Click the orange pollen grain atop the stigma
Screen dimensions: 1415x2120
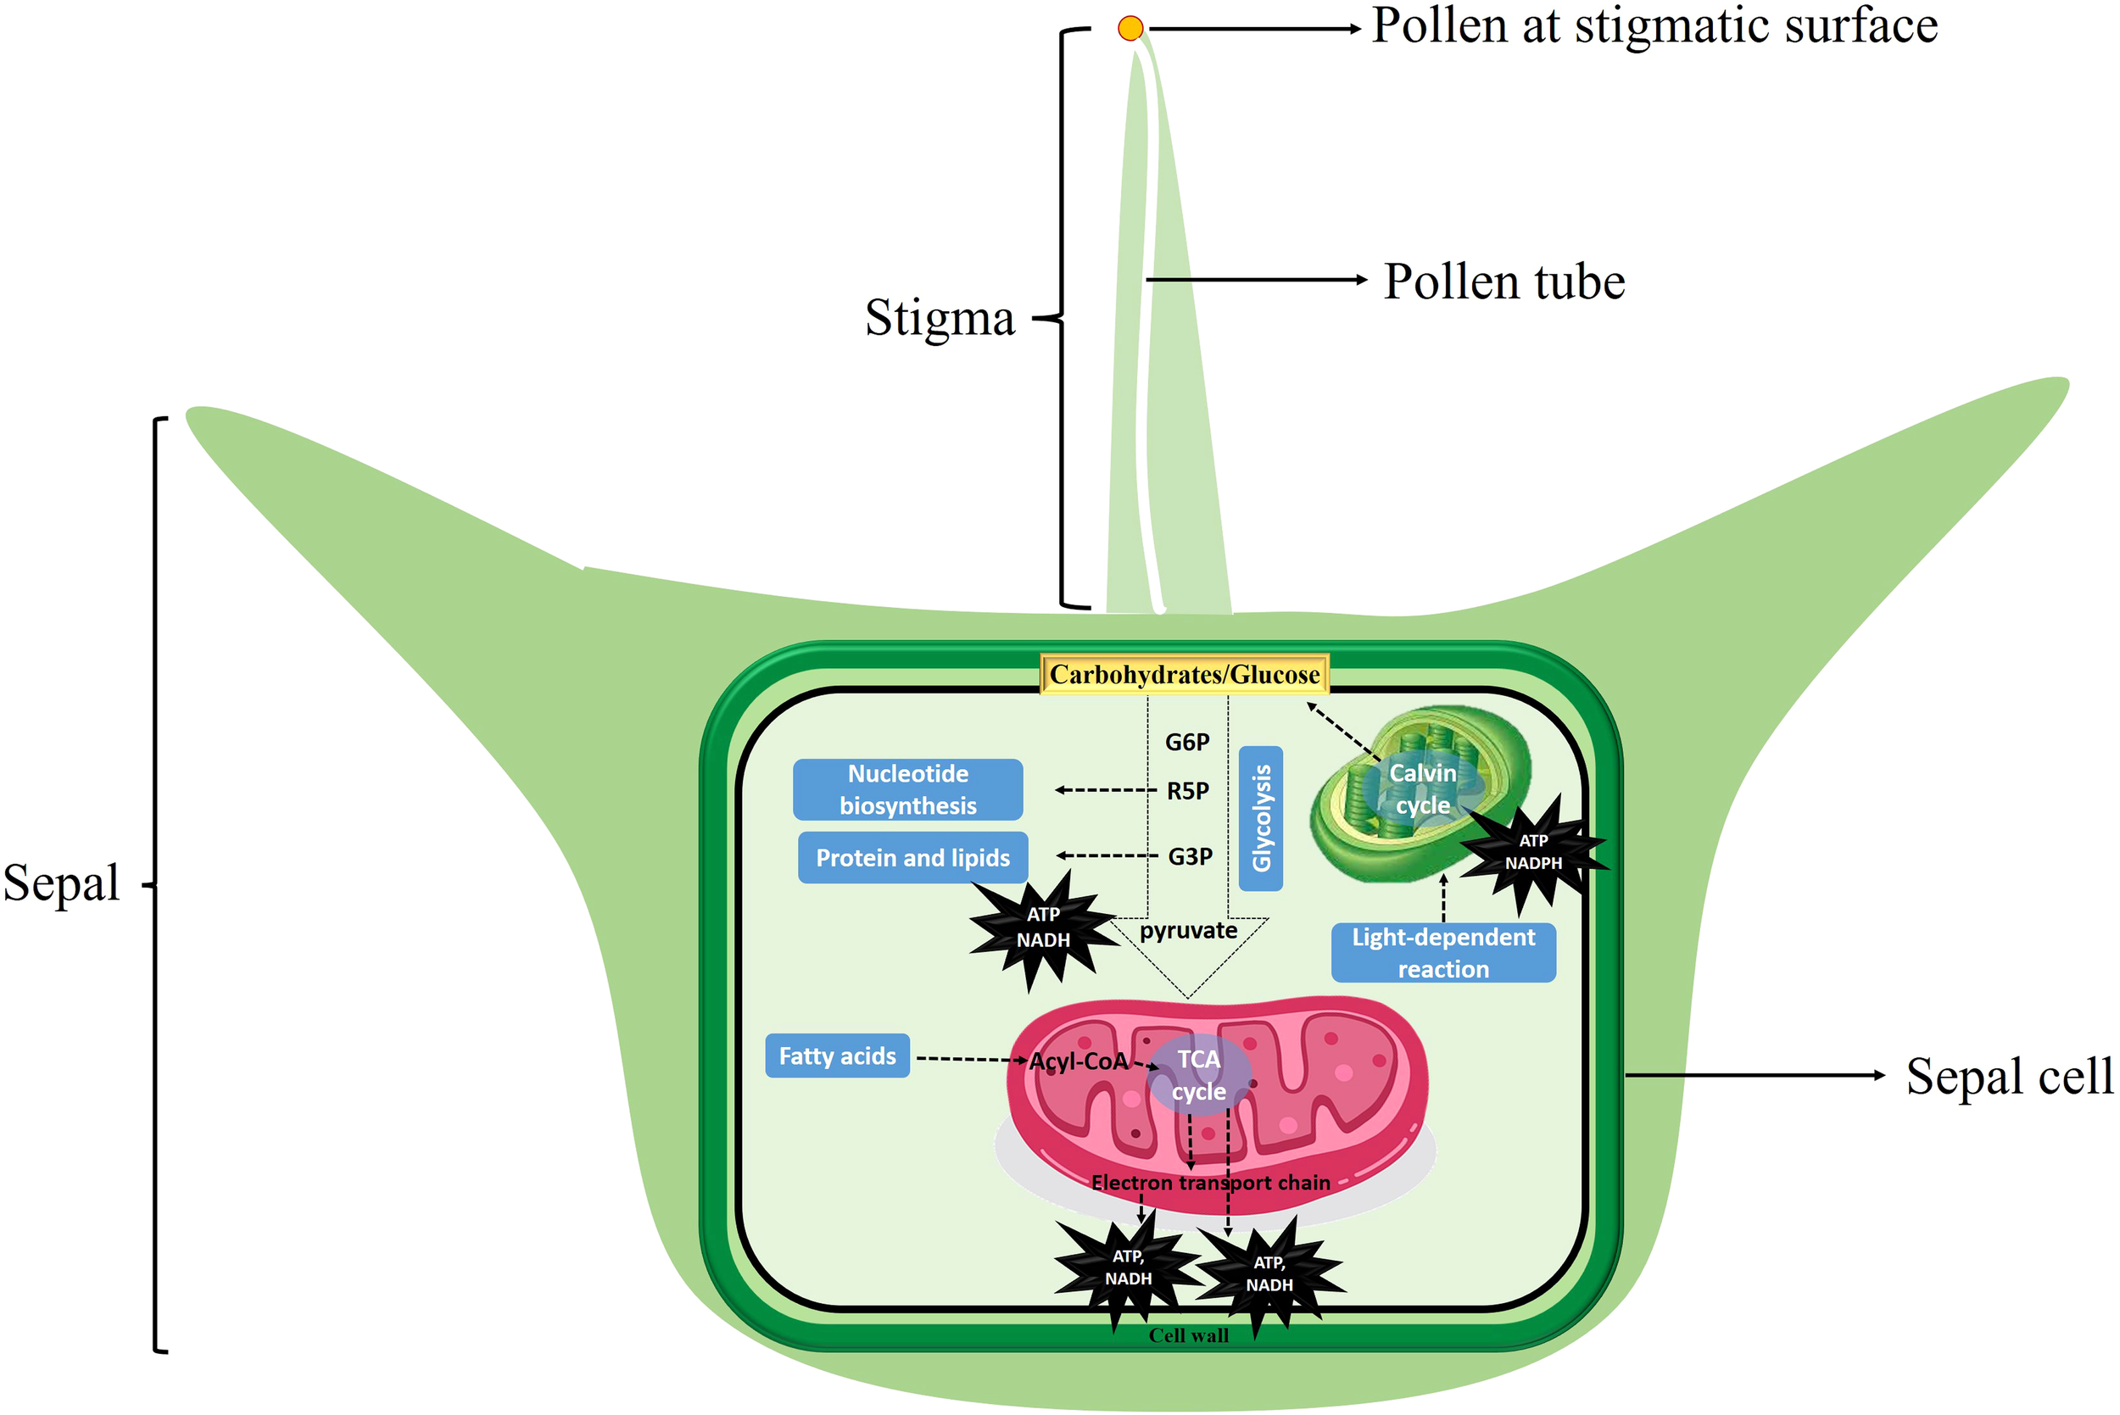pos(1130,29)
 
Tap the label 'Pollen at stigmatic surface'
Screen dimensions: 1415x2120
pos(1654,25)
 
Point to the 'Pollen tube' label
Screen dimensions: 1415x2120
pos(1504,281)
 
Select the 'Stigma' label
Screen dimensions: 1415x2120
pos(940,318)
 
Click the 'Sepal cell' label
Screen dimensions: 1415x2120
pos(2009,1076)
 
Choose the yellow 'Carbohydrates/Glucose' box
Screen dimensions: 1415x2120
pos(1184,674)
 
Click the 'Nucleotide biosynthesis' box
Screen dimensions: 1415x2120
pos(907,789)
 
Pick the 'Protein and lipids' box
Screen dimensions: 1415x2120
pos(912,857)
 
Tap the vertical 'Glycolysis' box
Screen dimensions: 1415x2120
pos(1261,817)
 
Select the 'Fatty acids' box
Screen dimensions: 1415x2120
pos(837,1056)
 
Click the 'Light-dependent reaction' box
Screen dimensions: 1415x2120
pos(1442,953)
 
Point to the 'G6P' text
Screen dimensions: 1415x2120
pos(1187,742)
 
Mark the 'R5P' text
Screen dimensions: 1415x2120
pos(1188,790)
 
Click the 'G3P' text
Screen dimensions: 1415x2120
pos(1190,856)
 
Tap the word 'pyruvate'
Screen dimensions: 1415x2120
pos(1188,930)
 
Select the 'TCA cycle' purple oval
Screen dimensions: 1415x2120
pos(1198,1075)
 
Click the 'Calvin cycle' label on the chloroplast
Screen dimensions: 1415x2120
pos(1422,788)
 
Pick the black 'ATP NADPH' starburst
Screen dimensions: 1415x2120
pos(1532,853)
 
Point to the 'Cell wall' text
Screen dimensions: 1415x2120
pos(1188,1335)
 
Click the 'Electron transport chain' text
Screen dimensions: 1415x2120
pos(1210,1182)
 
